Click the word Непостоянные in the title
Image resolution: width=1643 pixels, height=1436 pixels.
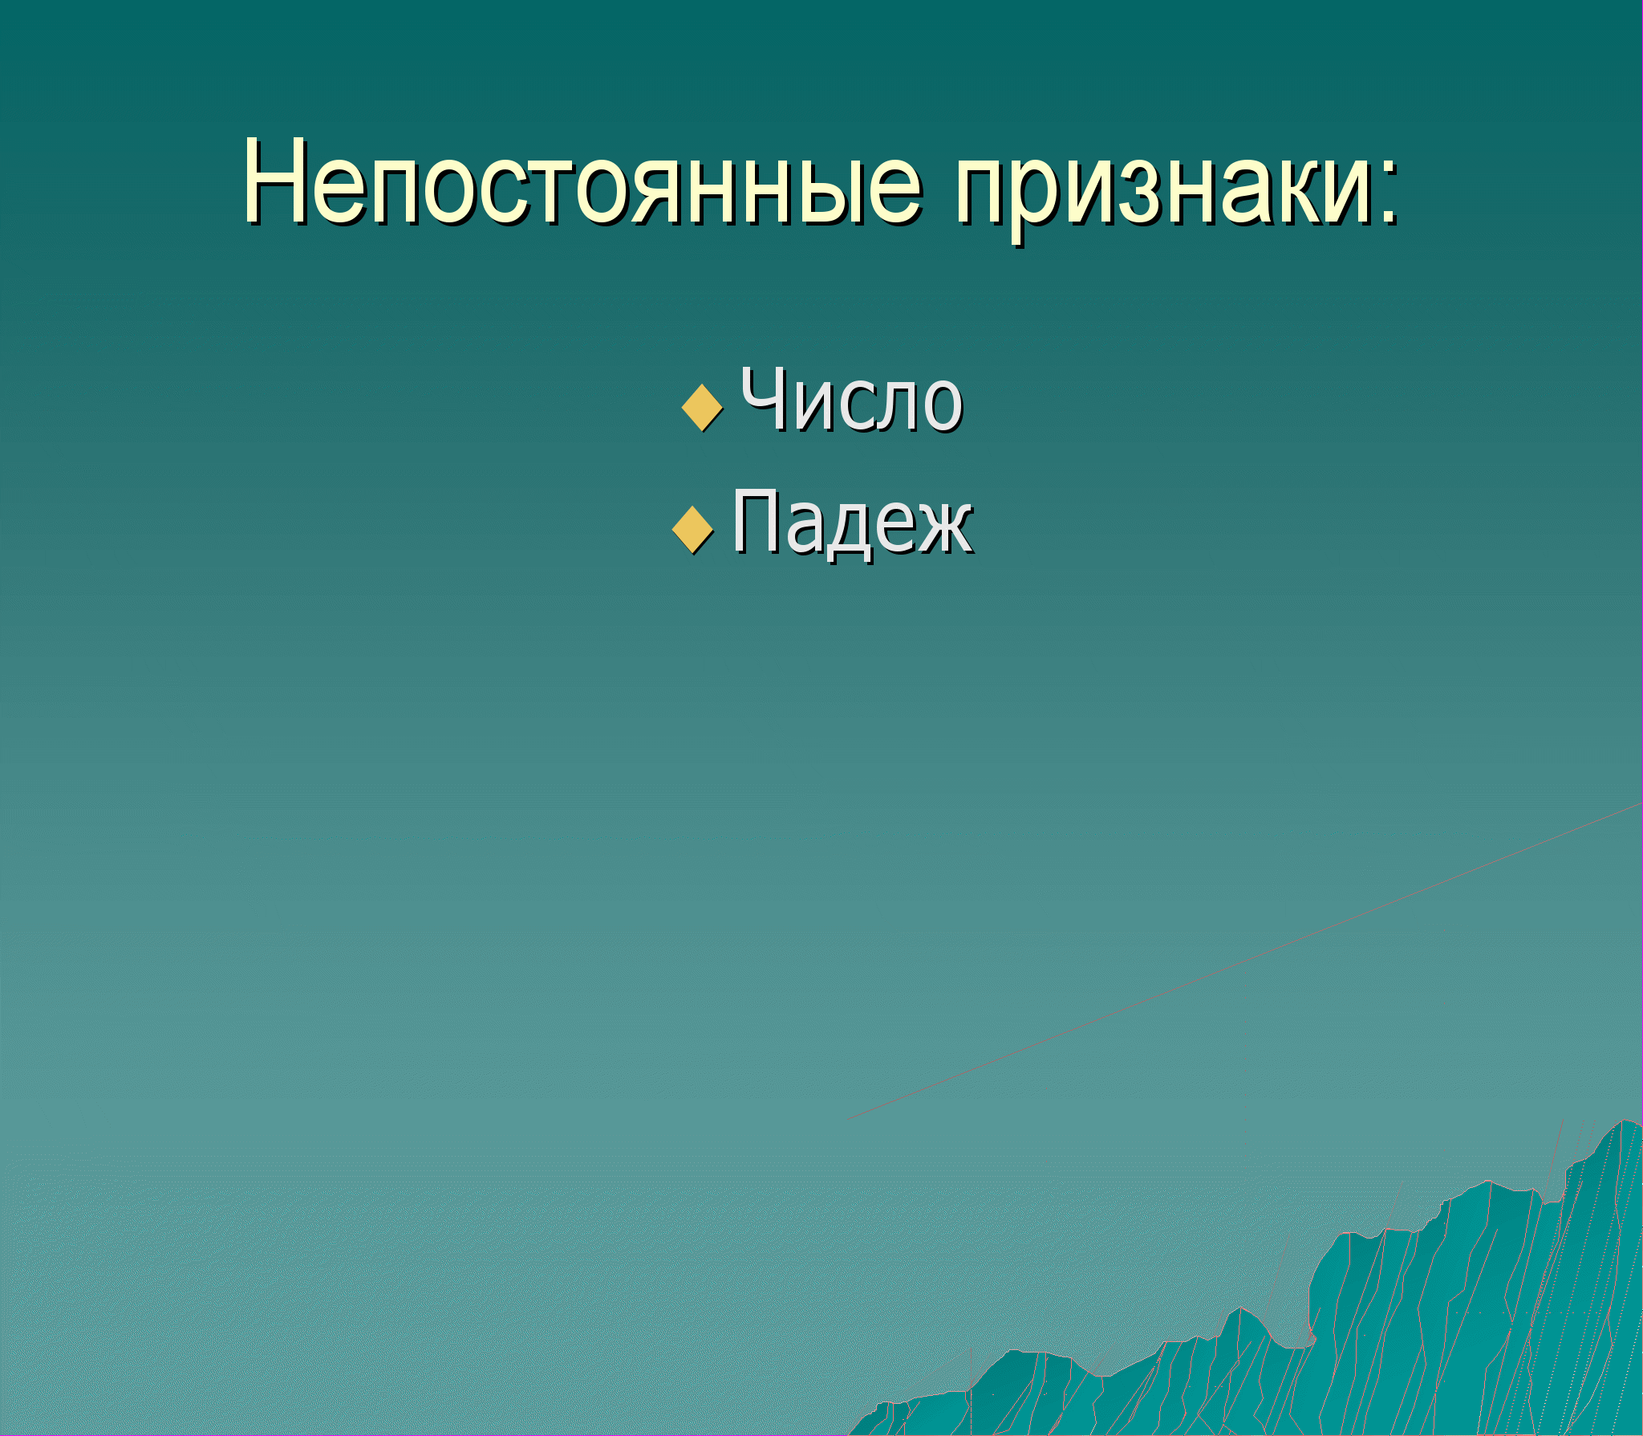(x=583, y=183)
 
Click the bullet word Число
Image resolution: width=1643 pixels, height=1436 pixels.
(x=851, y=400)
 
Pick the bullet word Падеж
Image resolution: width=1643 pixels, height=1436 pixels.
(x=853, y=523)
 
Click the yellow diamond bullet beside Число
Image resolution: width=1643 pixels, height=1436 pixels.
(x=702, y=408)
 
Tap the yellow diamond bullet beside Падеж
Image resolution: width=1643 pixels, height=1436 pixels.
(x=692, y=530)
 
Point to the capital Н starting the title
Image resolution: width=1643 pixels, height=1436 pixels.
(x=274, y=183)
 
